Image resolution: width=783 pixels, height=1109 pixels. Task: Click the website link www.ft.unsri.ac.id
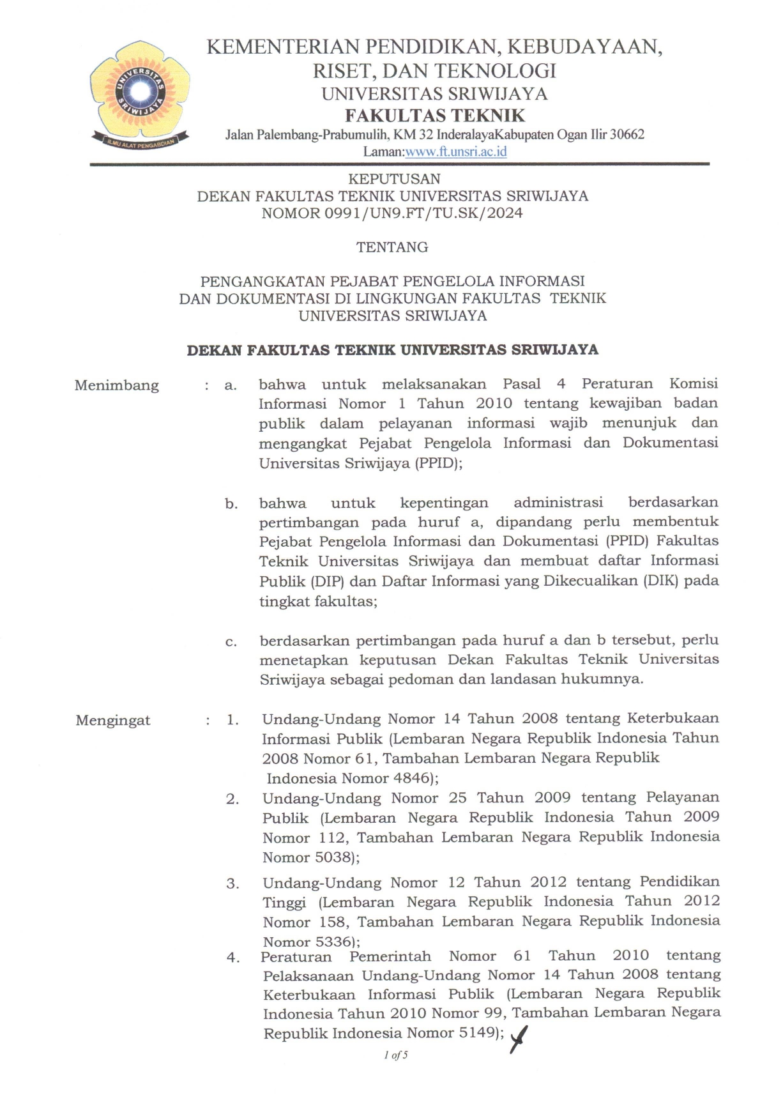(x=456, y=152)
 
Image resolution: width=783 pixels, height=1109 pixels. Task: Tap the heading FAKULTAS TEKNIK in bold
(x=434, y=116)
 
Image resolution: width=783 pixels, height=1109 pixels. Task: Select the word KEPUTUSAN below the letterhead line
(x=393, y=180)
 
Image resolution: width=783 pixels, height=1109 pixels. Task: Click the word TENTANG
(x=392, y=247)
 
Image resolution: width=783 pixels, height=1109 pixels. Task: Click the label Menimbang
(x=116, y=385)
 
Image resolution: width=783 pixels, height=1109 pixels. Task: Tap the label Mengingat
(x=113, y=721)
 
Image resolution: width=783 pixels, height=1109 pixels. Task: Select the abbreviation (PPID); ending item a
(x=438, y=464)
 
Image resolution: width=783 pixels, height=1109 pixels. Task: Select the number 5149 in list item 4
(x=476, y=1034)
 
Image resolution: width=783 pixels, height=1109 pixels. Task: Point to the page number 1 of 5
(x=396, y=1055)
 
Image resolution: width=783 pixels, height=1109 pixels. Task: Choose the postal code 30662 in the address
(x=627, y=135)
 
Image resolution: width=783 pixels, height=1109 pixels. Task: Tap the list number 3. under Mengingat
(x=232, y=884)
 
